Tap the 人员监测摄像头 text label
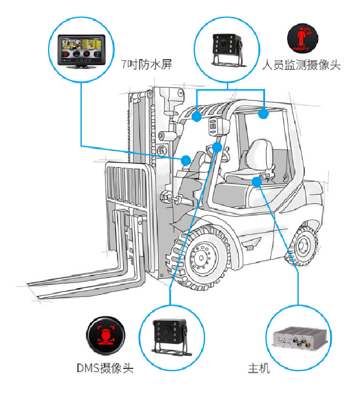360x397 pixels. click(x=301, y=65)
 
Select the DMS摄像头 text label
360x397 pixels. click(x=105, y=368)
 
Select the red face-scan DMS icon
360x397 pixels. click(x=105, y=335)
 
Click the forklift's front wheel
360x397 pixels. click(x=203, y=260)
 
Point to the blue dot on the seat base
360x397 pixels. click(x=257, y=182)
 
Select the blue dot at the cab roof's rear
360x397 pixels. click(x=264, y=114)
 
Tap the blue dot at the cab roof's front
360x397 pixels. click(x=197, y=117)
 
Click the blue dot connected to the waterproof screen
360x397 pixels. click(x=186, y=160)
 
